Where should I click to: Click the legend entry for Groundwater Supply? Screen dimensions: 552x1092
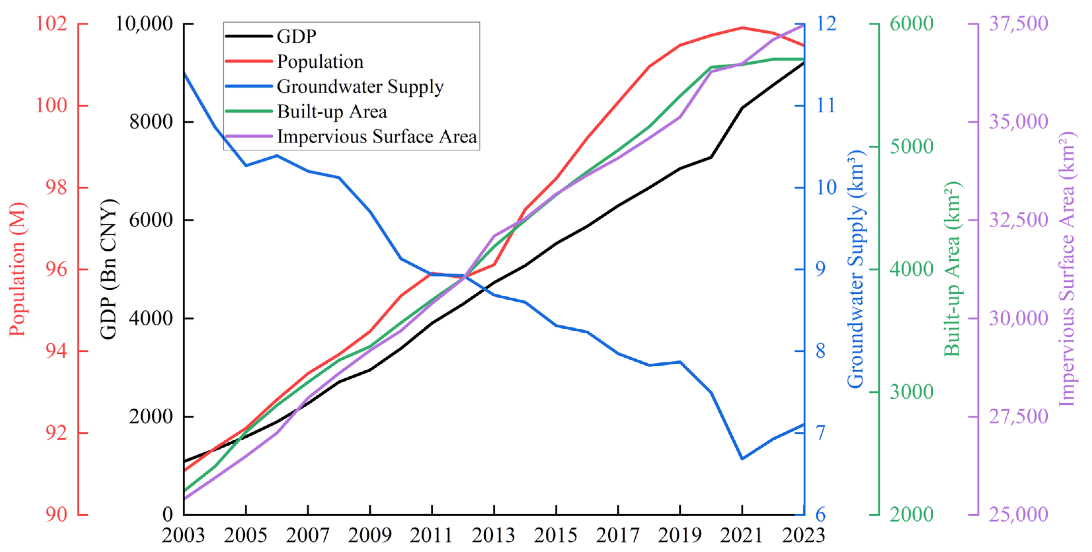pos(360,87)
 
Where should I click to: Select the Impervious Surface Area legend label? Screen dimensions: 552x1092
pos(377,137)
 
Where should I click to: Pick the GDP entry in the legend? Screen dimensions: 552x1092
pos(296,36)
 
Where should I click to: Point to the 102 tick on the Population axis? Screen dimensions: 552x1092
pos(51,24)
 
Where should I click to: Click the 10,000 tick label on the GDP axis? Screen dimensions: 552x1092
pos(144,24)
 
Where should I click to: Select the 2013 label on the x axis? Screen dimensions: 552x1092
pos(494,535)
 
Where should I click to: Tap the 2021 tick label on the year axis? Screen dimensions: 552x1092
pos(742,535)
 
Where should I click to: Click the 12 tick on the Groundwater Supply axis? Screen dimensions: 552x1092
pos(827,24)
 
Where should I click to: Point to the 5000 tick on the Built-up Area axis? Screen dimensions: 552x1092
pos(911,147)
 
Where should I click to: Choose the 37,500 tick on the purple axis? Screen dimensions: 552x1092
pos(1018,24)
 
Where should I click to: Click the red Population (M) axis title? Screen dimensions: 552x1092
pos(18,270)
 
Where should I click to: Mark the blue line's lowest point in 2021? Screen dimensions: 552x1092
pos(742,459)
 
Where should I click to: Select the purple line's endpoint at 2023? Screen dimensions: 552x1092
pos(803,25)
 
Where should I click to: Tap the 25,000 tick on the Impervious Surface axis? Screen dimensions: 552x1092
pos(1018,515)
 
